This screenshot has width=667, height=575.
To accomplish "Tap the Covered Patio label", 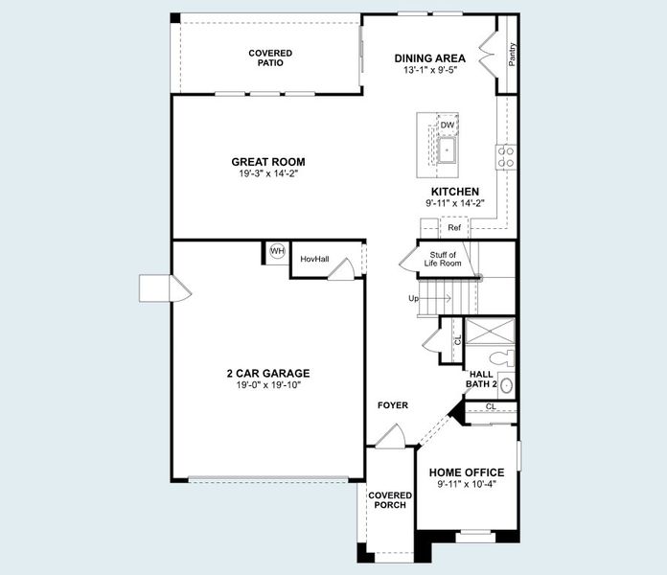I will (270, 57).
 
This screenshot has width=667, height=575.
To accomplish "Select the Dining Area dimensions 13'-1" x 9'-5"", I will (430, 70).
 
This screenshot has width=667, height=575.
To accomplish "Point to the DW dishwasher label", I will (448, 126).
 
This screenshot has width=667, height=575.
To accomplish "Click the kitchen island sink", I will (448, 149).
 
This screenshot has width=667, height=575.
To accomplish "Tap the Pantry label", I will (513, 54).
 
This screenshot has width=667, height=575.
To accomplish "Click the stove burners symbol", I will (505, 155).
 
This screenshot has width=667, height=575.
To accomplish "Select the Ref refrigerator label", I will (454, 228).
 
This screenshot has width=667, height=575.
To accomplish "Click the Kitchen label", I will (454, 192).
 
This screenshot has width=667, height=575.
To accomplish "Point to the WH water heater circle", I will (277, 251).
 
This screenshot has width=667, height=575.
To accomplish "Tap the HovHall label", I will (314, 259).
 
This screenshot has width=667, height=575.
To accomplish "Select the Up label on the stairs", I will (414, 298).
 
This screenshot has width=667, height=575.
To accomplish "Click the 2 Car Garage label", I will (268, 374).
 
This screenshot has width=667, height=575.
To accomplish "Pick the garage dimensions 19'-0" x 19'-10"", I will (268, 385).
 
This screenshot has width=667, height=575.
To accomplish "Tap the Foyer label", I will (393, 405).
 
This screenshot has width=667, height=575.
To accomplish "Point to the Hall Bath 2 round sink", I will (506, 387).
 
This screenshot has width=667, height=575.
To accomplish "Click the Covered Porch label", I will (390, 500).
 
